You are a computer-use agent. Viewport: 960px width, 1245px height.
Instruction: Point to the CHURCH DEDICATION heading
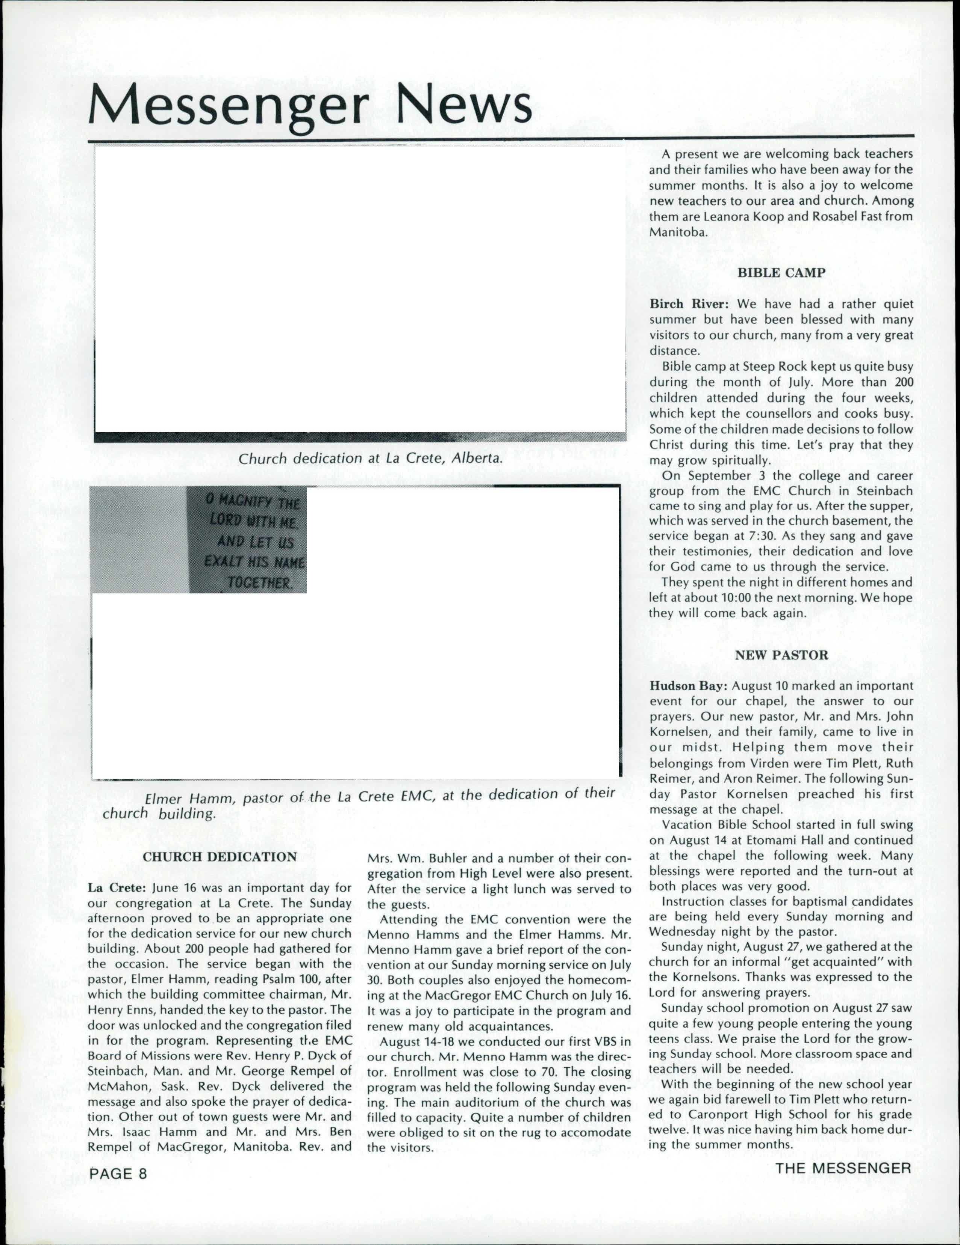tap(220, 857)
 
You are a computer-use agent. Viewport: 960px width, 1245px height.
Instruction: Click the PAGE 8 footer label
tap(118, 1173)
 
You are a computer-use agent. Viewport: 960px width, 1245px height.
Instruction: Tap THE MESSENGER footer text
tap(843, 1168)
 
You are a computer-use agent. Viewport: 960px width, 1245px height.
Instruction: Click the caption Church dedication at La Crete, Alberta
tap(371, 458)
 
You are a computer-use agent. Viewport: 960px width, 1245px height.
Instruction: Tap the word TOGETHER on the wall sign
tap(259, 583)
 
